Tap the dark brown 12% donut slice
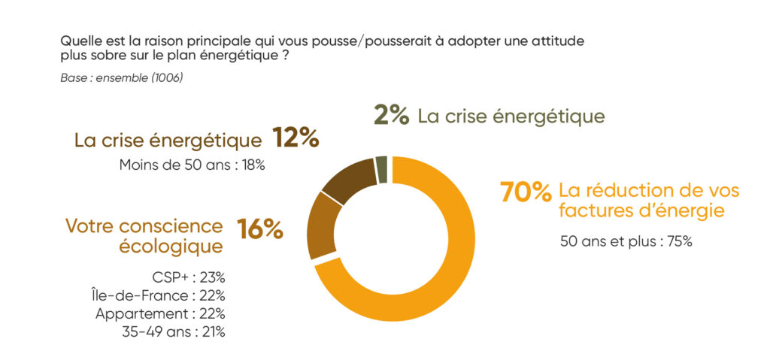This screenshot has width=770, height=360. click(350, 180)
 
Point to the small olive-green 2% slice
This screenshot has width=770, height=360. click(381, 169)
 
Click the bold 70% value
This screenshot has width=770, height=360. click(526, 192)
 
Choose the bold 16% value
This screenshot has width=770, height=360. click(260, 229)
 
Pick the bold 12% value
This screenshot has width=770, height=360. click(296, 138)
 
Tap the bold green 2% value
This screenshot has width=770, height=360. click(391, 116)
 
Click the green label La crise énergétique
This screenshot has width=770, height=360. click(511, 116)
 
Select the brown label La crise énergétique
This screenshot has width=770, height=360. click(168, 140)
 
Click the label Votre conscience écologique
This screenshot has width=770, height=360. click(144, 235)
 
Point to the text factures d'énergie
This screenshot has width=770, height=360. click(641, 211)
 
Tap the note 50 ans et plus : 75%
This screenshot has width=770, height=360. click(626, 242)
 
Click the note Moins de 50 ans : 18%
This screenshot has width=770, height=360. click(192, 165)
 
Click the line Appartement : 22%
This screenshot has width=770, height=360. click(160, 313)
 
